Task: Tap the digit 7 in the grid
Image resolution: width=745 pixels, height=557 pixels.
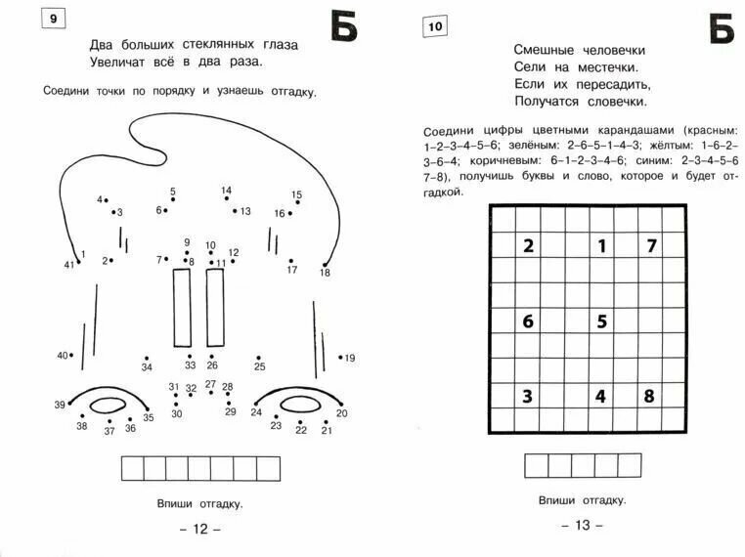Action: [650, 246]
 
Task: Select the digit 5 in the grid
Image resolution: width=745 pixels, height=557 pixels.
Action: [601, 321]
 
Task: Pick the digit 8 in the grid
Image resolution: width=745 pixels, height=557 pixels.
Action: [649, 396]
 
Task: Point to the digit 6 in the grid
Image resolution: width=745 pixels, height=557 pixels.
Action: [528, 321]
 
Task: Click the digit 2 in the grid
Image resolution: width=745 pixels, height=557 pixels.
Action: [528, 246]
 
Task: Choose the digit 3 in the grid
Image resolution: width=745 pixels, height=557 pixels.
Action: [528, 396]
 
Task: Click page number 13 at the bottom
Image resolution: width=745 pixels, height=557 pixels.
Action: [582, 525]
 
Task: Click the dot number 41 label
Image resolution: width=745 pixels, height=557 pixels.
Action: [68, 265]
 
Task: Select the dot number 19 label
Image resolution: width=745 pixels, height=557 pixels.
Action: [350, 358]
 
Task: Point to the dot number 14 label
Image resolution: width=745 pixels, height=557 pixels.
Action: [226, 191]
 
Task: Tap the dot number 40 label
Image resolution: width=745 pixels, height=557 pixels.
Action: [63, 355]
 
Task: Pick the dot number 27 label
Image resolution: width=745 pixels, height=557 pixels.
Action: [210, 384]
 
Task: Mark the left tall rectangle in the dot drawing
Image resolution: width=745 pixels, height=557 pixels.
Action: [182, 308]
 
